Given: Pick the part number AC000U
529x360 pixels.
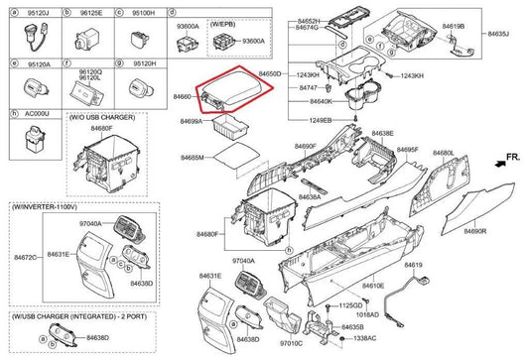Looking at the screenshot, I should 25,114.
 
